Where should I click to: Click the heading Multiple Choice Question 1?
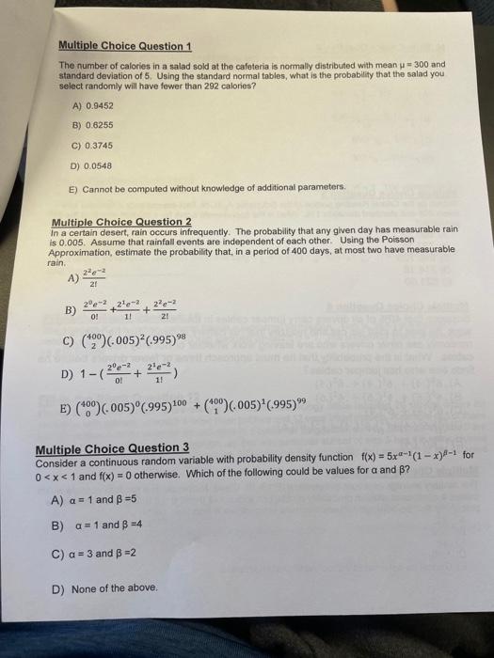point(124,46)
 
